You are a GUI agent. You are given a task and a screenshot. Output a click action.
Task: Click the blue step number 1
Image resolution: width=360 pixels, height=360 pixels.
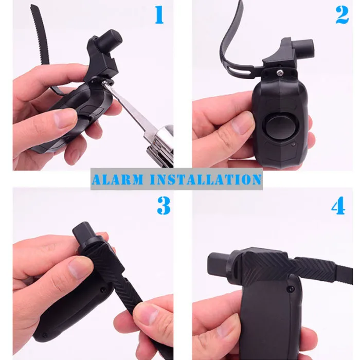159,15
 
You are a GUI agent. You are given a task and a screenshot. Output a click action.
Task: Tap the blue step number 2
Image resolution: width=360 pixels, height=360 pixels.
342,15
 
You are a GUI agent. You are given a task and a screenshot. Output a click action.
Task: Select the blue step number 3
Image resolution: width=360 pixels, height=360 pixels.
164,206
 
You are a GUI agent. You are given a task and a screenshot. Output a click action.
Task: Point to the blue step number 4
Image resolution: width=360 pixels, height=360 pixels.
338,206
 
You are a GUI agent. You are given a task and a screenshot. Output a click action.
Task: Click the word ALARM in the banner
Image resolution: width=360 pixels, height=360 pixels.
118,179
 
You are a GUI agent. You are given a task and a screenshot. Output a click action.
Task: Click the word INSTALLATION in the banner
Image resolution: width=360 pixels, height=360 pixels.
206,179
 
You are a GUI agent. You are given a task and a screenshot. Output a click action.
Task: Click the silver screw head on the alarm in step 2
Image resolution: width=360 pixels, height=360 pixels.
280,73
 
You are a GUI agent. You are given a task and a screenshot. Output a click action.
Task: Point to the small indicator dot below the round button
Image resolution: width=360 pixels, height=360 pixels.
294,145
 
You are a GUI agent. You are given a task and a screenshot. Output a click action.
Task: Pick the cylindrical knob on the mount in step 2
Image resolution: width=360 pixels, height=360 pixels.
304,49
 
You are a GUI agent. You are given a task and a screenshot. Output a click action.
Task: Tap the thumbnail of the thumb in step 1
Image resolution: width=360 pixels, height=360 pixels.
65,118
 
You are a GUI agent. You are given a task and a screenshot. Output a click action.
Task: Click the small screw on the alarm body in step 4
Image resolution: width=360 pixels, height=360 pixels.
291,287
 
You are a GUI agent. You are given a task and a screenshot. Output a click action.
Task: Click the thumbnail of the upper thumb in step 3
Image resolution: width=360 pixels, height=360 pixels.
81,267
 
